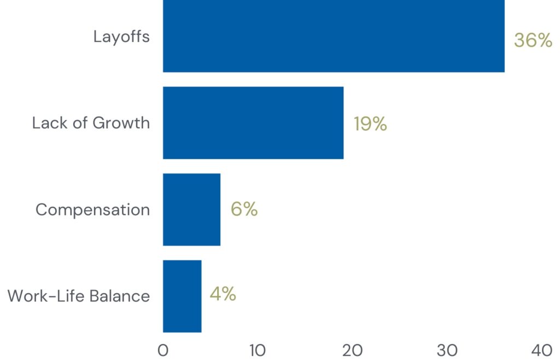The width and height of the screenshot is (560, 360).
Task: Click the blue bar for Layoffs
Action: [x=334, y=36]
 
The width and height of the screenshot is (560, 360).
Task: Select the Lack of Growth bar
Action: [x=253, y=123]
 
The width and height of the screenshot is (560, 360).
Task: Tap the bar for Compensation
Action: [x=191, y=210]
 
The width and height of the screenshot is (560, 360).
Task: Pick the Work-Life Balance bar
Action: [x=182, y=296]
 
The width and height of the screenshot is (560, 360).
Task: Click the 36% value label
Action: [x=533, y=40]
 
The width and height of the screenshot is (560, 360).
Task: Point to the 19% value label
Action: [x=370, y=124]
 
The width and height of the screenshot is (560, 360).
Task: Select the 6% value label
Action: [x=244, y=209]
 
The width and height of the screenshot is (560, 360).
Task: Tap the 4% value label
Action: [x=223, y=294]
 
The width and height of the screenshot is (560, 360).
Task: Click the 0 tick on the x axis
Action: [x=163, y=350]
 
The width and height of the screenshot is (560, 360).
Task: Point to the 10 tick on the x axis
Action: [x=258, y=350]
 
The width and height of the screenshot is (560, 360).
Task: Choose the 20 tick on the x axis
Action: [x=353, y=350]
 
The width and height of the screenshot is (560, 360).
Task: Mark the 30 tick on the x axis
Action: [x=448, y=350]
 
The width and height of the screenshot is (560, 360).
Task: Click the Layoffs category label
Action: [x=121, y=37]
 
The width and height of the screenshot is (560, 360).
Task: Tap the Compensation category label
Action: [x=92, y=210]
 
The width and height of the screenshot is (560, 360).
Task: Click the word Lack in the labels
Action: [x=47, y=123]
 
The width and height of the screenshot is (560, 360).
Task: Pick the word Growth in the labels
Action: [x=121, y=123]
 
